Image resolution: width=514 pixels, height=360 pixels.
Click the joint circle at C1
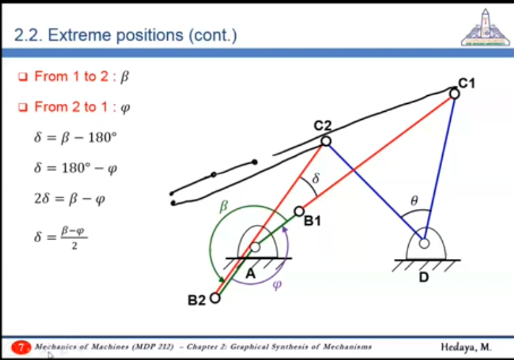(454, 94)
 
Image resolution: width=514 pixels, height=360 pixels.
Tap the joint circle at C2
(326, 141)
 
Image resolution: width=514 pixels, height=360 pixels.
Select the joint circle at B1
(299, 212)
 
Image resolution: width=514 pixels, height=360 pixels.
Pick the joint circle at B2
(215, 298)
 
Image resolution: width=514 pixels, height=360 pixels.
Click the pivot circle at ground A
(255, 247)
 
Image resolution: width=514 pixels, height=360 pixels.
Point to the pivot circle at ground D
(424, 244)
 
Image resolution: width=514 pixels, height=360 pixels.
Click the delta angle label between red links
(316, 178)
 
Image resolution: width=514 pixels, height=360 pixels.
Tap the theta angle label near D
(414, 200)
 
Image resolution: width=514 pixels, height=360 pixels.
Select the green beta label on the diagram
(224, 206)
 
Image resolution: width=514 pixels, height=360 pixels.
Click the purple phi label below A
(278, 285)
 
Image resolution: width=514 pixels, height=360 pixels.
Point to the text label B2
(196, 300)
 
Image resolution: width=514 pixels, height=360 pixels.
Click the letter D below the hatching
(424, 277)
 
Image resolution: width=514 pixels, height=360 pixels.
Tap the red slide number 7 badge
(21, 347)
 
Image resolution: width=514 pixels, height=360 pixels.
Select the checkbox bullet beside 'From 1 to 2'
(23, 77)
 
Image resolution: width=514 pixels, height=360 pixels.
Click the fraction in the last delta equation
(74, 237)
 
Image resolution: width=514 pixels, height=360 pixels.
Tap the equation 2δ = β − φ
(69, 199)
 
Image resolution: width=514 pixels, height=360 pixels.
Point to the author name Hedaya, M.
(466, 347)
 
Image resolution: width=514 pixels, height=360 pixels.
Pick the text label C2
(322, 126)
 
